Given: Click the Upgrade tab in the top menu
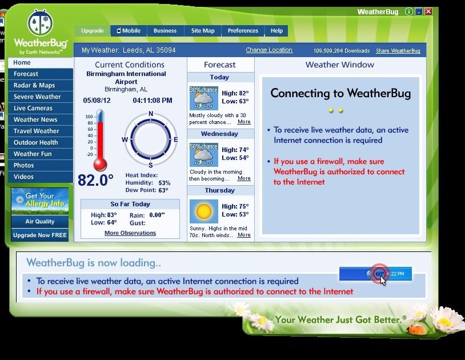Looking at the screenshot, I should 92,31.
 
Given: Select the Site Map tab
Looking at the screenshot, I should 203,31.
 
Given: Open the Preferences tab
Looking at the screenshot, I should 243,31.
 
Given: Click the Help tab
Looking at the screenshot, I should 276,31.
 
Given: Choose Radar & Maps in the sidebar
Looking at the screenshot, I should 34,85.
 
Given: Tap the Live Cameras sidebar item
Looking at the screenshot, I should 33,108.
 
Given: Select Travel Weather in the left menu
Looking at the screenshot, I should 37,131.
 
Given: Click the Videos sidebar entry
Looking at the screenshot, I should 24,177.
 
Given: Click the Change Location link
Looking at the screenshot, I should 269,50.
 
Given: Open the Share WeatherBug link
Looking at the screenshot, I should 398,51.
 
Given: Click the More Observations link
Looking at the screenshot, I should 130,233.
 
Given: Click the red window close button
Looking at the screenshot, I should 428,11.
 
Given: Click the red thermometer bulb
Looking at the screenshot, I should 101,165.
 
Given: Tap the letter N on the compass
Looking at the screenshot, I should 151,114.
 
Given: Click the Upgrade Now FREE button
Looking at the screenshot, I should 40,235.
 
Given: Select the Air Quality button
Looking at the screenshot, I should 40,222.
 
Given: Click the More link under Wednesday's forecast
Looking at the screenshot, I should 244,178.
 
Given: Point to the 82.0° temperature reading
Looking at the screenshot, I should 96,181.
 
